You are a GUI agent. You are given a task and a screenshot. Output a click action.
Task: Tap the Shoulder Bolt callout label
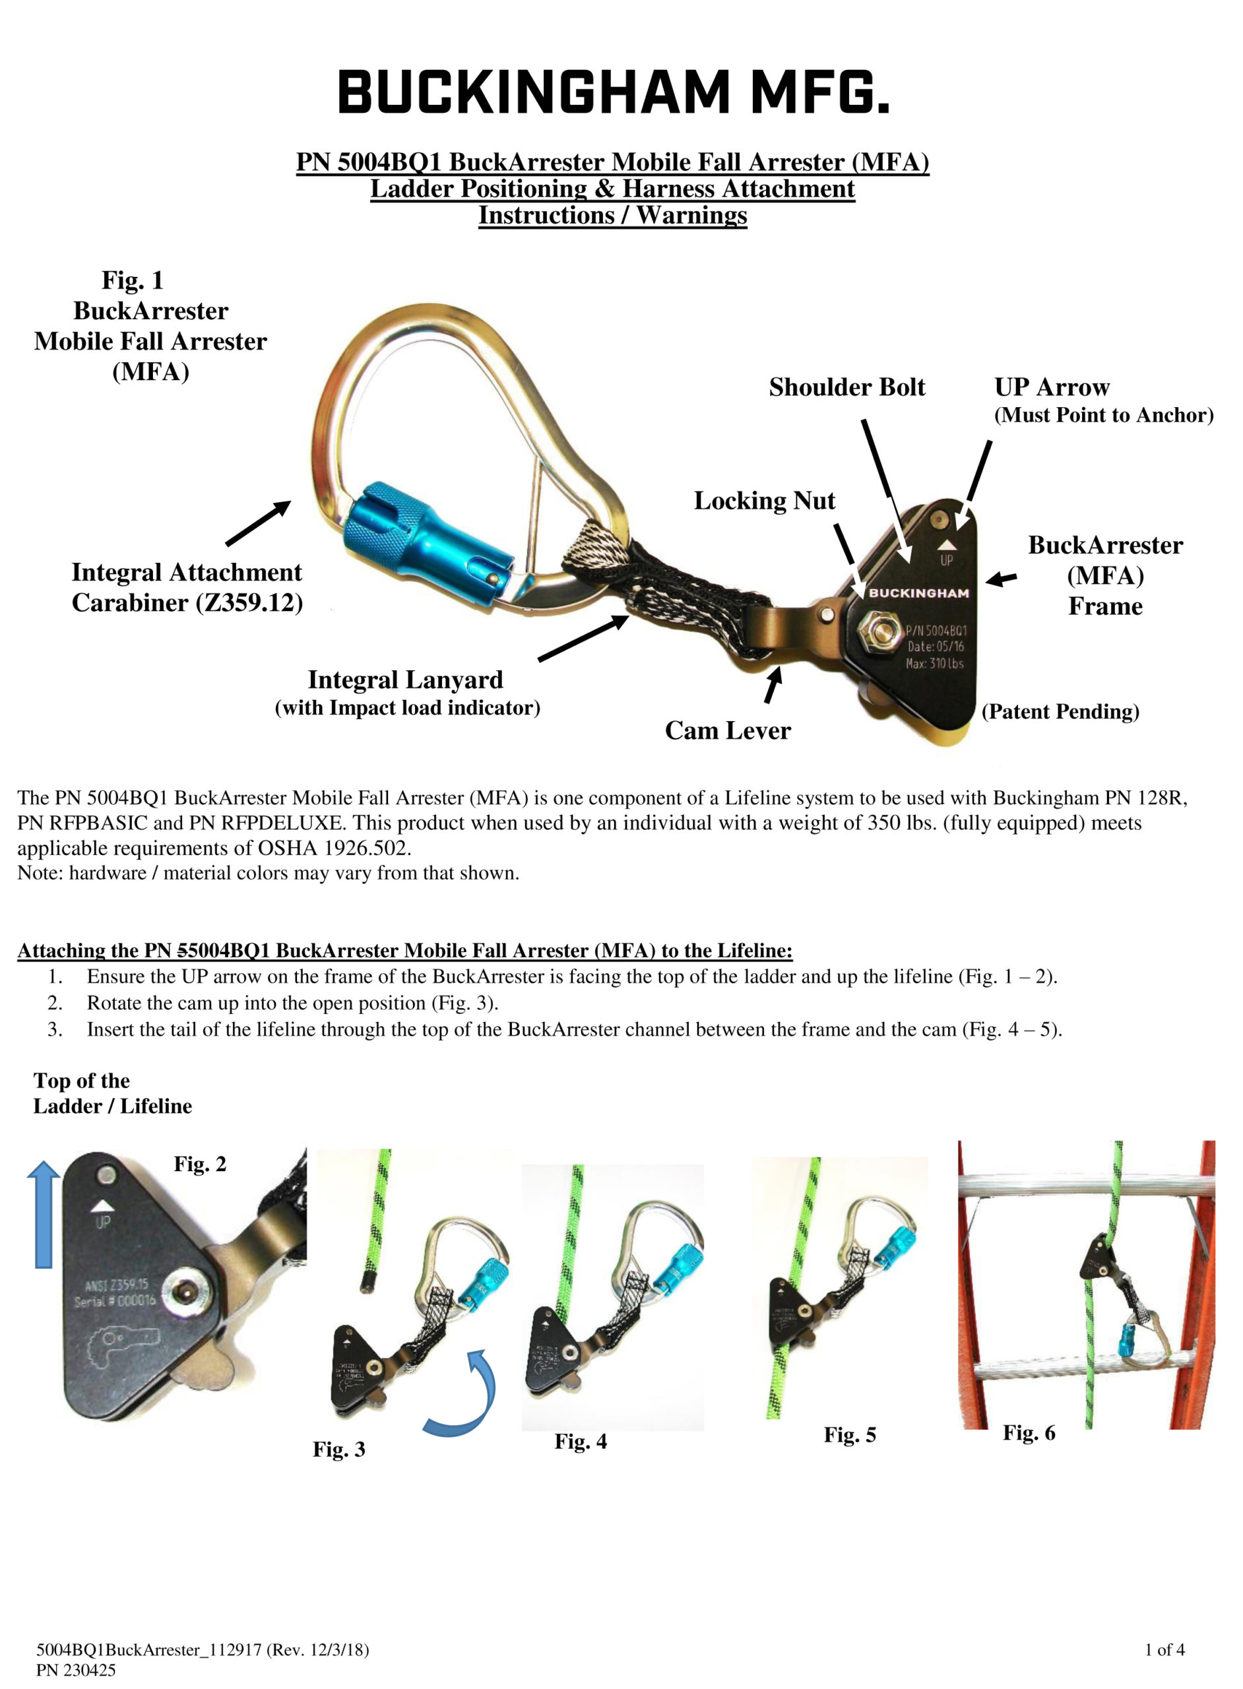(x=846, y=387)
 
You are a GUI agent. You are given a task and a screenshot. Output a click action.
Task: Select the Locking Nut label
(x=764, y=501)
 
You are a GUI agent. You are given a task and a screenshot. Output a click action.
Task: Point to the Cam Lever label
(x=728, y=730)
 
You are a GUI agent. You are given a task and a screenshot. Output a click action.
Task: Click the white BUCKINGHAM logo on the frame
(x=918, y=593)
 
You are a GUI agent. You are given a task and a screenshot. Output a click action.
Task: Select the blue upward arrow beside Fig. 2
(x=44, y=1213)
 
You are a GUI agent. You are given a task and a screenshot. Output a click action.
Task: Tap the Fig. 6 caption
(x=1029, y=1432)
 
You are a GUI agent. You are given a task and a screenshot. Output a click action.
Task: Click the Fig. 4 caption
(x=580, y=1441)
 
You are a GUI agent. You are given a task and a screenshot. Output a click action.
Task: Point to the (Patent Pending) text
(x=1060, y=712)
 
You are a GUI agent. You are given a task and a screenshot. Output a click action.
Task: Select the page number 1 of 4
(x=1164, y=1650)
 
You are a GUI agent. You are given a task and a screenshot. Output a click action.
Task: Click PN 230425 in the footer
(x=76, y=1670)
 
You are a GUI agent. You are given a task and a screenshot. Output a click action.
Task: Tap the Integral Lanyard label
(x=406, y=680)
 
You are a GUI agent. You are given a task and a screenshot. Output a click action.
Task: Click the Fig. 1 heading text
(x=133, y=280)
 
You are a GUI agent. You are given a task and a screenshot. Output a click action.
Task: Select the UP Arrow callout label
(x=1051, y=387)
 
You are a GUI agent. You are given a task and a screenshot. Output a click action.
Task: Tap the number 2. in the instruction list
(x=55, y=1003)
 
